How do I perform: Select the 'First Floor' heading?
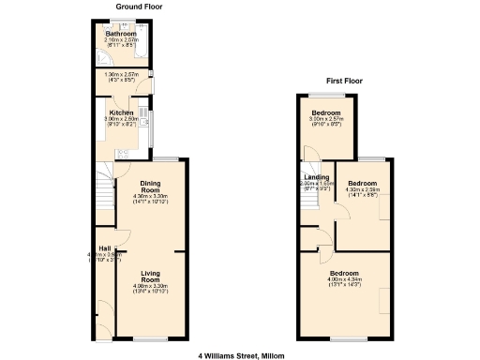tap(344, 82)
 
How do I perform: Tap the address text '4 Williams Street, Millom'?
tap(240, 355)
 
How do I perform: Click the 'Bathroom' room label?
tap(121, 34)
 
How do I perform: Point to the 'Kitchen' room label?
tap(120, 112)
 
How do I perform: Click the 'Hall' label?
tap(104, 248)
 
